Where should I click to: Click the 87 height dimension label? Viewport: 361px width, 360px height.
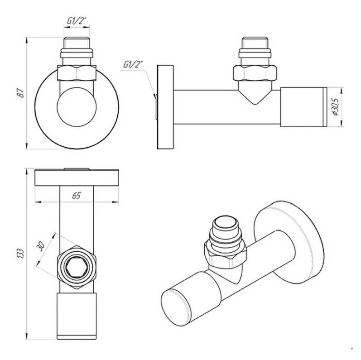21,93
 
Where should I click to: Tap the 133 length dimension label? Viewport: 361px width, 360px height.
21,253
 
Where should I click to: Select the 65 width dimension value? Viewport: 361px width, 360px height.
77,196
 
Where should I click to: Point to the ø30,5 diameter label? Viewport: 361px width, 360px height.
336,106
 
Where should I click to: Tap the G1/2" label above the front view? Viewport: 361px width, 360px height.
77,21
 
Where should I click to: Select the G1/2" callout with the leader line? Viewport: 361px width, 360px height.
133,64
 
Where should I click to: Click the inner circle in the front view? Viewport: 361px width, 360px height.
77,107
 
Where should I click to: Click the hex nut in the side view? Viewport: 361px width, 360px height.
255,73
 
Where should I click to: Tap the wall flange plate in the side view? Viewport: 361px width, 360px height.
165,107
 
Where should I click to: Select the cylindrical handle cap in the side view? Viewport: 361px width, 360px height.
303,107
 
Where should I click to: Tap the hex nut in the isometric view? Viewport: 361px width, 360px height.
226,254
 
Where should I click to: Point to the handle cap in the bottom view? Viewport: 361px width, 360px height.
77,316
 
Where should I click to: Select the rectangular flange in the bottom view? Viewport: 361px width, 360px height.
77,178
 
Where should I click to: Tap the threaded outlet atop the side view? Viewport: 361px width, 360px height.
255,51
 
